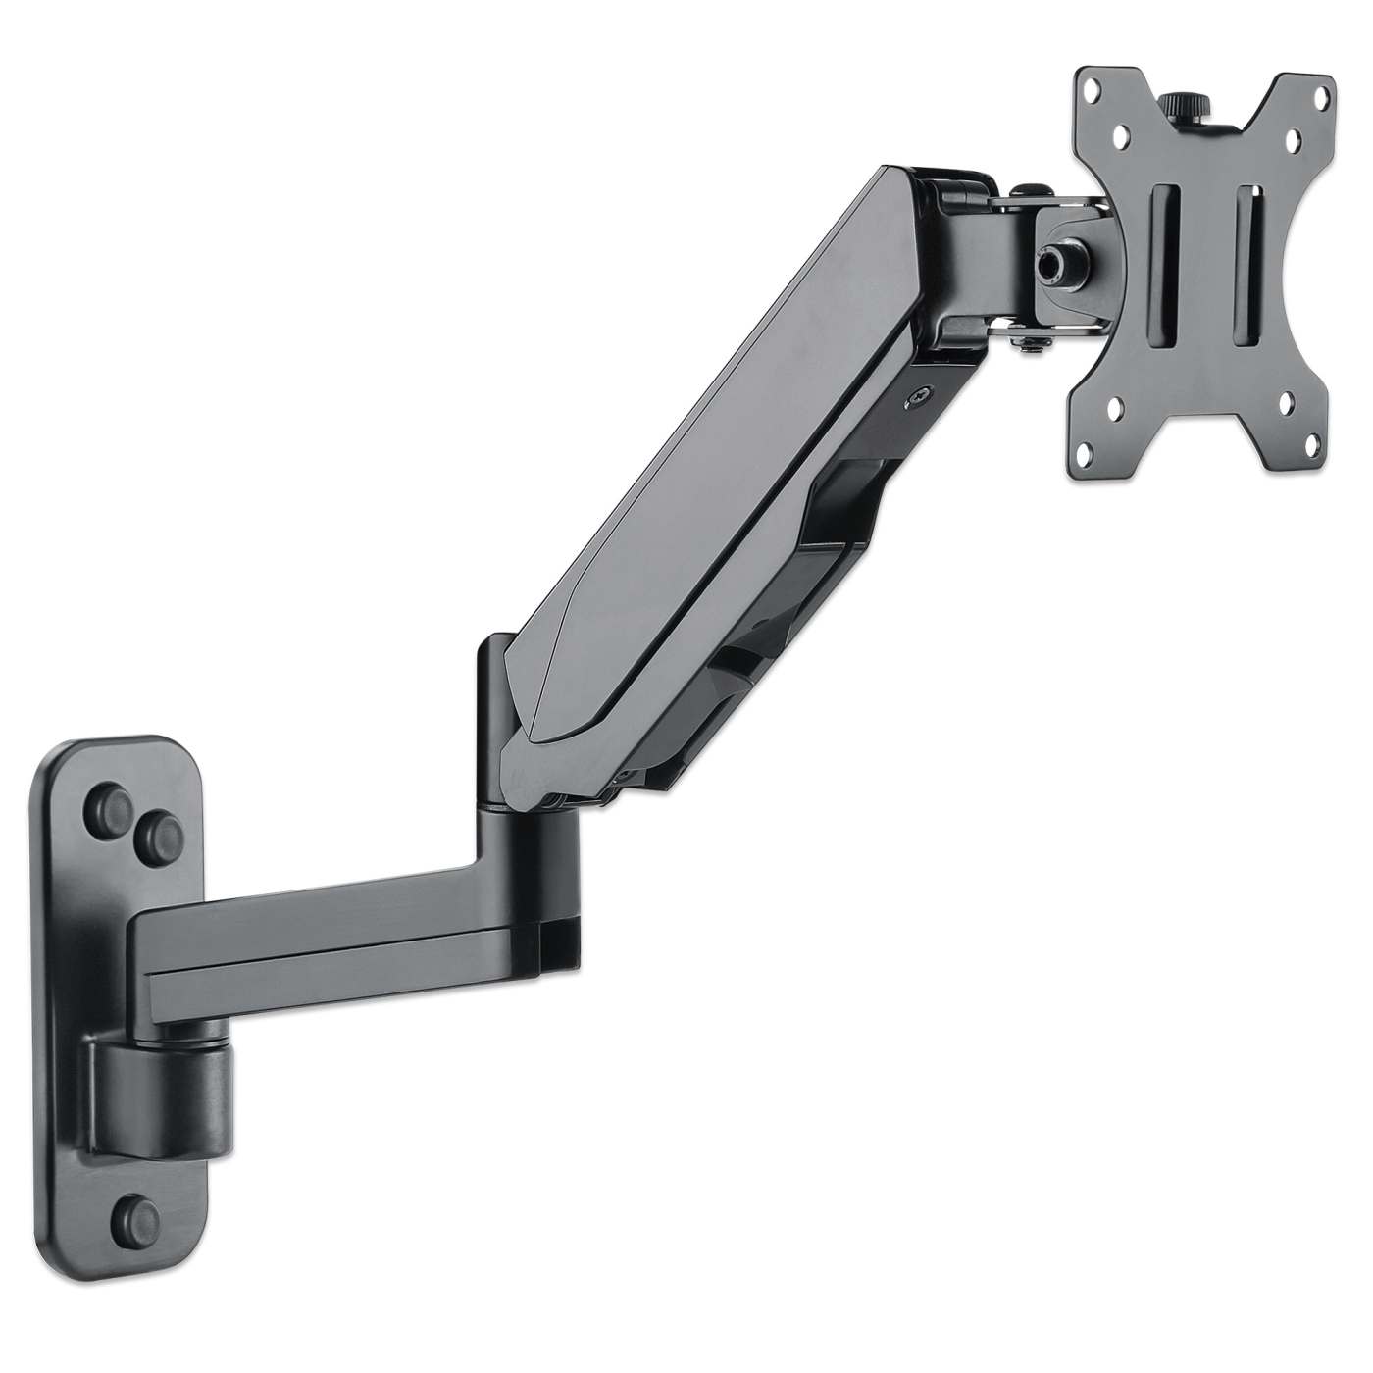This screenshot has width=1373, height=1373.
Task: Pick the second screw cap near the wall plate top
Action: [156, 835]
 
